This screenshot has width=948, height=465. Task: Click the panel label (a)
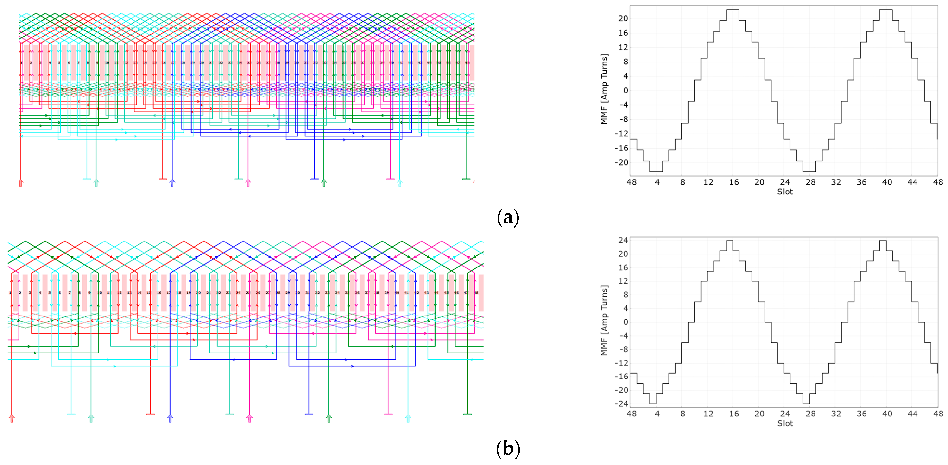pyautogui.click(x=508, y=217)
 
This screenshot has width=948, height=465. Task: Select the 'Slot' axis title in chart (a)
pyautogui.click(x=785, y=192)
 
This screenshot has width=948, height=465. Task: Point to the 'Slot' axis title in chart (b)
pyautogui.click(x=785, y=423)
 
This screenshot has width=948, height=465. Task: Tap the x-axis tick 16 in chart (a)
pyautogui.click(x=734, y=182)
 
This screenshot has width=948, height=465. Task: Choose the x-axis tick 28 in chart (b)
pyautogui.click(x=810, y=414)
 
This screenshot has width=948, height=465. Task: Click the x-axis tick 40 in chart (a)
pyautogui.click(x=887, y=182)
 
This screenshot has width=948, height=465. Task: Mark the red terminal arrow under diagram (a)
pyautogui.click(x=21, y=183)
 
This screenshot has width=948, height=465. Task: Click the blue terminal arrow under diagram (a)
pyautogui.click(x=172, y=183)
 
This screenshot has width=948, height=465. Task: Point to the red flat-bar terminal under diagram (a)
pyautogui.click(x=163, y=179)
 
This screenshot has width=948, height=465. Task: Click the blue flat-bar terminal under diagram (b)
pyautogui.click(x=309, y=415)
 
